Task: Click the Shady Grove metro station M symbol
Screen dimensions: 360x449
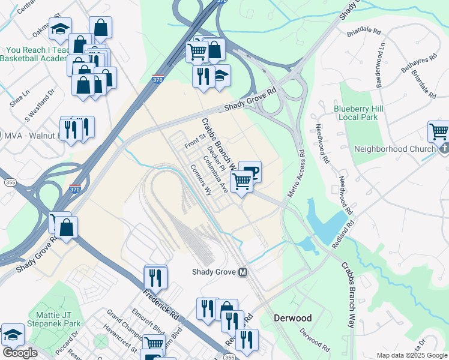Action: (x=243, y=272)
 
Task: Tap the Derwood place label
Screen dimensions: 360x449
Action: (x=294, y=317)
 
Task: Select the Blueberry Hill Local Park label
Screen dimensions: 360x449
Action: (x=356, y=113)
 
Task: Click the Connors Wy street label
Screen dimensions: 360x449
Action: (x=201, y=181)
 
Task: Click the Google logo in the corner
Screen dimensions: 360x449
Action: (x=20, y=353)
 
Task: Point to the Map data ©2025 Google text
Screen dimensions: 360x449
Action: (x=412, y=355)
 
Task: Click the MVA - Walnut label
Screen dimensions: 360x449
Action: (x=30, y=135)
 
